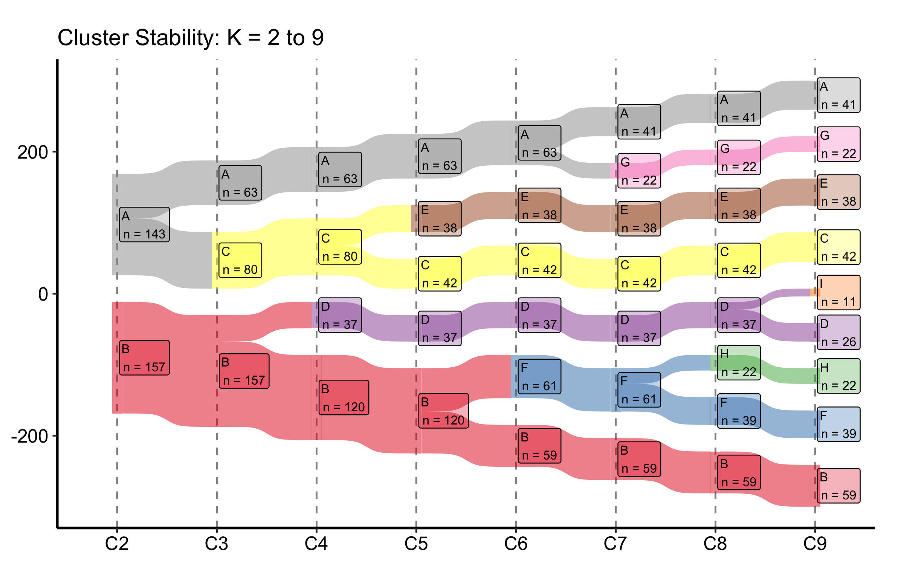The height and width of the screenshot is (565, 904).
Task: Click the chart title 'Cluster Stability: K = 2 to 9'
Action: [191, 38]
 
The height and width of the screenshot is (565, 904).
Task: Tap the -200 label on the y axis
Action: [29, 436]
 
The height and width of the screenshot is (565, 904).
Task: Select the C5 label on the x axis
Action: [416, 544]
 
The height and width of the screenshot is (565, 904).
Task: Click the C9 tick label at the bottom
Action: [815, 544]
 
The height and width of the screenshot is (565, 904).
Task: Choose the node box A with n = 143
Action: [145, 224]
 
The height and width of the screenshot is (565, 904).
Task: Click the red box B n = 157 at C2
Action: [145, 358]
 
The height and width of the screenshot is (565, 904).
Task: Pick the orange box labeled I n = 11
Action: [839, 293]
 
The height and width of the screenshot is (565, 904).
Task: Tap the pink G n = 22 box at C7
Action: [639, 171]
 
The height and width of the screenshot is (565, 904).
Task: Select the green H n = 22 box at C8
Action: [739, 363]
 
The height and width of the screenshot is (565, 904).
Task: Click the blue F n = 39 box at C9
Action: [839, 424]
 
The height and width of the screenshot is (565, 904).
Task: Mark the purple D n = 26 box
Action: [839, 332]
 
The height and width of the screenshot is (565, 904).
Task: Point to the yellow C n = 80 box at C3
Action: [240, 260]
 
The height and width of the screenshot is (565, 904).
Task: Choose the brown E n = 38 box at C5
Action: [440, 218]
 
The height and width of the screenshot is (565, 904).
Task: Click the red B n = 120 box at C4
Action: [344, 397]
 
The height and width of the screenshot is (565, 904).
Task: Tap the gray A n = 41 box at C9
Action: [839, 95]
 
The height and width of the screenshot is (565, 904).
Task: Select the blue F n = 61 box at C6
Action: [540, 377]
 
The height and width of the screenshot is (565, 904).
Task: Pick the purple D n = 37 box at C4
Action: [340, 315]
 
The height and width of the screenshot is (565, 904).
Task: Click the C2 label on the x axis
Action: [117, 544]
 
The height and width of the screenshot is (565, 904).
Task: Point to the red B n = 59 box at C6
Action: [540, 446]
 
